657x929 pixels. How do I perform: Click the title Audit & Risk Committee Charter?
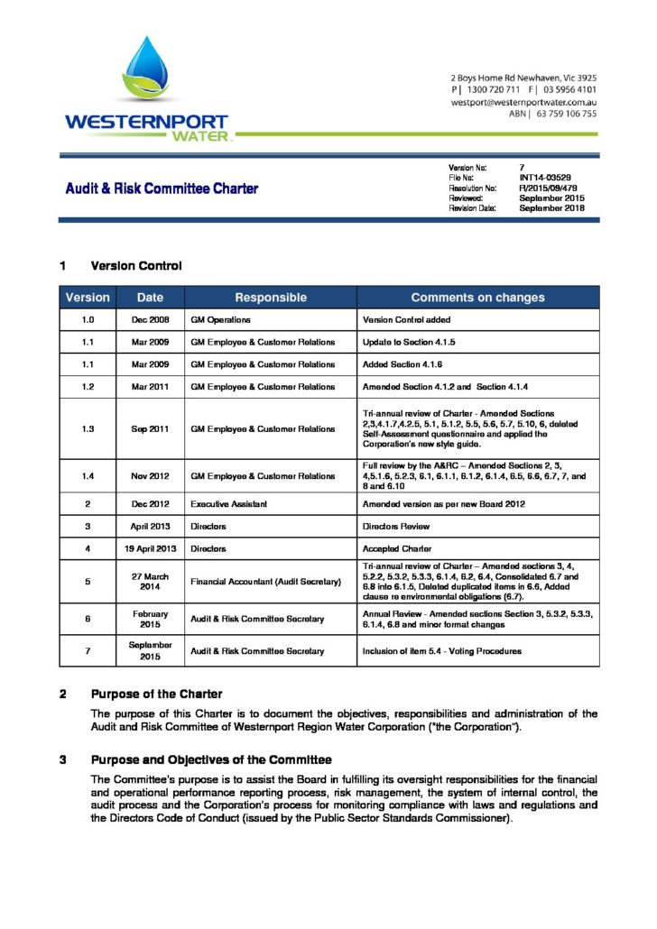pyautogui.click(x=162, y=189)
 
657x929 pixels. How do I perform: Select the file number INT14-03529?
pyautogui.click(x=545, y=179)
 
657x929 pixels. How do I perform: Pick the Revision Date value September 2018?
pyautogui.click(x=551, y=208)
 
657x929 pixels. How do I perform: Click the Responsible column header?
pyautogui.click(x=271, y=298)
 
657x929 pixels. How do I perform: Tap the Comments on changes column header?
pyautogui.click(x=477, y=298)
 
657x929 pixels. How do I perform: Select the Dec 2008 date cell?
pyautogui.click(x=150, y=320)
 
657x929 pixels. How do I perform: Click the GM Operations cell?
pyautogui.click(x=220, y=320)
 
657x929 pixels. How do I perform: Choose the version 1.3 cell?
pyautogui.click(x=88, y=429)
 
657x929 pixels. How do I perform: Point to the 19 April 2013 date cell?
pyautogui.click(x=150, y=548)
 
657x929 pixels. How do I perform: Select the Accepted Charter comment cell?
pyautogui.click(x=397, y=548)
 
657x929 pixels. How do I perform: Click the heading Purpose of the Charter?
pyautogui.click(x=156, y=694)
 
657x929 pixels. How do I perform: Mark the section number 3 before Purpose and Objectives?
pyautogui.click(x=63, y=759)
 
